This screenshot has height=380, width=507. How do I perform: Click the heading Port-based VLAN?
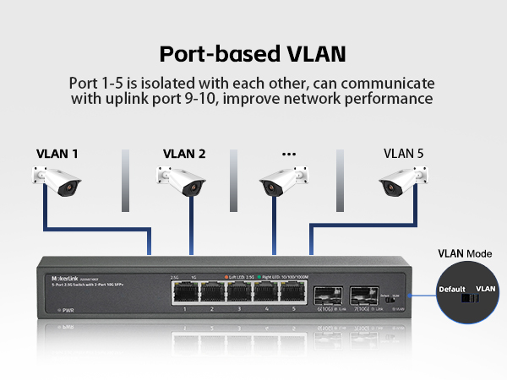[253, 53]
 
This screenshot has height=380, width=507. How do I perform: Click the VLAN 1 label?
[57, 154]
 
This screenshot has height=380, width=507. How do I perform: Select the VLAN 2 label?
[183, 154]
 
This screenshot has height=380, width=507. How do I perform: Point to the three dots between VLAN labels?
[289, 154]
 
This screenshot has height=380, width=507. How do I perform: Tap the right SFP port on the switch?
[362, 296]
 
